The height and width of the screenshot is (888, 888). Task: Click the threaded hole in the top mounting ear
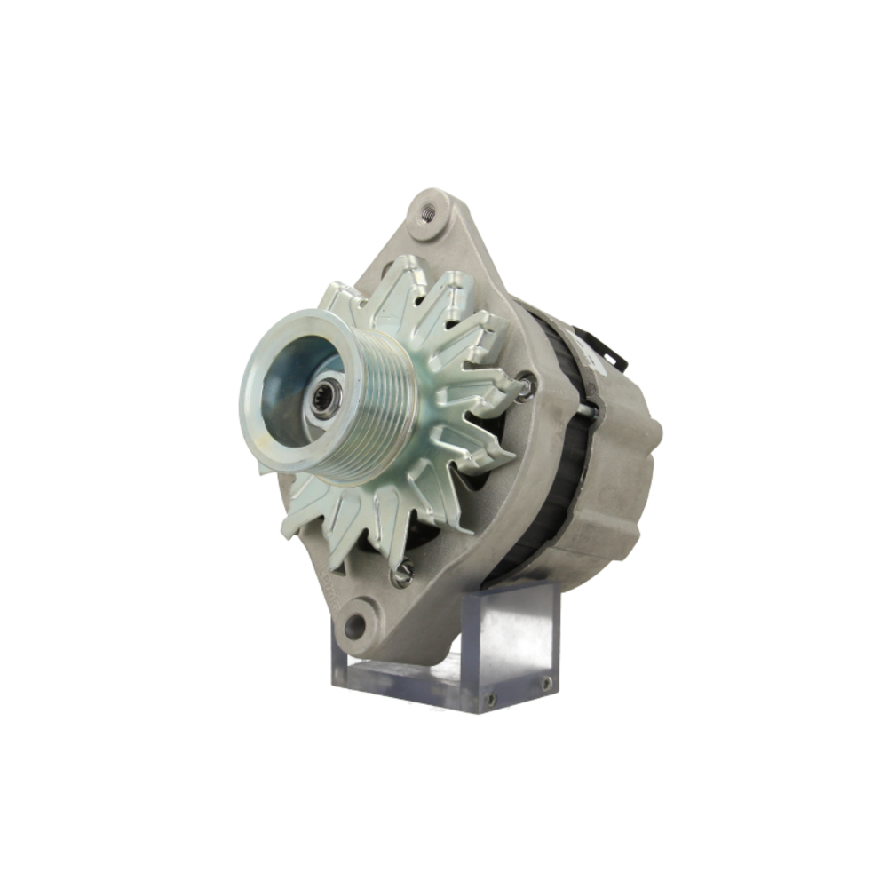click(428, 212)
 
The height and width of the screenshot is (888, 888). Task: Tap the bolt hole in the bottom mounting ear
click(355, 625)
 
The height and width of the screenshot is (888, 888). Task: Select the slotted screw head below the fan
click(401, 575)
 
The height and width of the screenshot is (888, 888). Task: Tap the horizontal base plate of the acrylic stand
click(400, 679)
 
